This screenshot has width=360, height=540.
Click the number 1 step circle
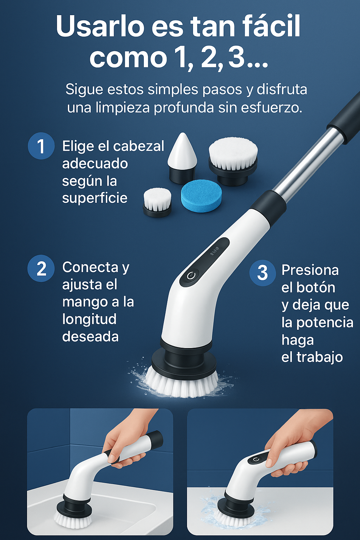pos(41,146)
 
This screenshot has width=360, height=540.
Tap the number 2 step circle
pos(41,268)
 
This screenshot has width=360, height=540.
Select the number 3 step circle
pos(262,273)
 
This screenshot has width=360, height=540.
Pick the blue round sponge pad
pos(201,197)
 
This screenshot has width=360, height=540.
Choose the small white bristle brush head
pos(157,202)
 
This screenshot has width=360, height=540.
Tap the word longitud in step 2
pos(89,320)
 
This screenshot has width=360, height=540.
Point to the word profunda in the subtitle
pos(184,108)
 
